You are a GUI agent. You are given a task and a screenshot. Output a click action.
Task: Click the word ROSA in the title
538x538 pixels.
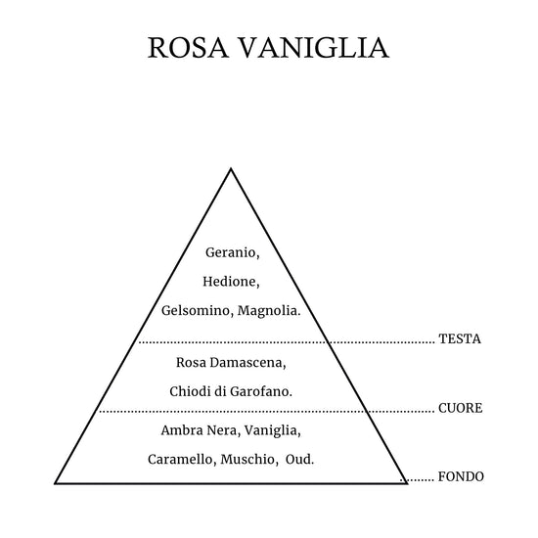[188, 47]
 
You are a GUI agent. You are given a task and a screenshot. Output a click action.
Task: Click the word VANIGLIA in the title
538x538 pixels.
[314, 47]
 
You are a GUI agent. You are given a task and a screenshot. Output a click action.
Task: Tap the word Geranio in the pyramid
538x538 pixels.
[232, 253]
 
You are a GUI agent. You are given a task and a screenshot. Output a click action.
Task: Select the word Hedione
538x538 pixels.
[231, 282]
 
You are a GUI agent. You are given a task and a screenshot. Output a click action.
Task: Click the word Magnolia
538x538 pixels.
[269, 311]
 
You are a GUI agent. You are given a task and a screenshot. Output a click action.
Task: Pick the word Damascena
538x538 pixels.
[247, 363]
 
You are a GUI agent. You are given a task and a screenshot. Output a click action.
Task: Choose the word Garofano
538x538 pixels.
[261, 391]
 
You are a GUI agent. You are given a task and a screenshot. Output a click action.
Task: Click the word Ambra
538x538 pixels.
[178, 430]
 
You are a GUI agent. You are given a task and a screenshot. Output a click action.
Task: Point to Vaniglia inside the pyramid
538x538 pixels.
[273, 431]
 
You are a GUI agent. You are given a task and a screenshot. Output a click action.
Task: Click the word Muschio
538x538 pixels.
[249, 460]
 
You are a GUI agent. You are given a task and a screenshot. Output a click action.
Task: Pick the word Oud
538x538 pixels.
[299, 460]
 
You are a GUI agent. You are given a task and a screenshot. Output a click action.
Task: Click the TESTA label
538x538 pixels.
[460, 339]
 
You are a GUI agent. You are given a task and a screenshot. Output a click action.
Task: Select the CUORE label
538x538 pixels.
[460, 408]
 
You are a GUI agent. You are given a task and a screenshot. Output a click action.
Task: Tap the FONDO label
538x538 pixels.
[461, 477]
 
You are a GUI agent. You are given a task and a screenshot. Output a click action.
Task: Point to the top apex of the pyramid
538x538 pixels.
[231, 168]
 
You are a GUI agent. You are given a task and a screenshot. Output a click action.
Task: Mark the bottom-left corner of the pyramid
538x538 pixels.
[55, 483]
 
